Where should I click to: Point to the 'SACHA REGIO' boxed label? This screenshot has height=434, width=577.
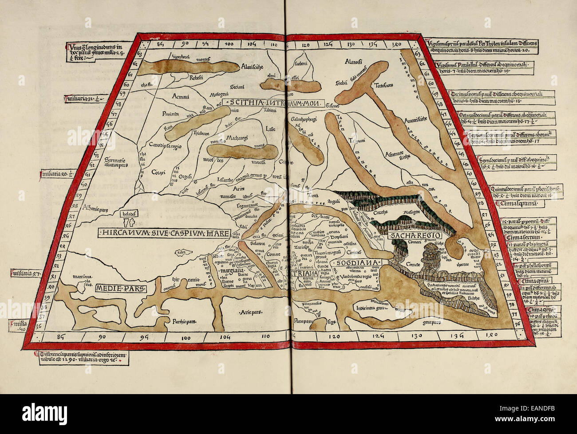pos(407,236)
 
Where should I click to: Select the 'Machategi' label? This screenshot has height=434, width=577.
pos(239,140)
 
